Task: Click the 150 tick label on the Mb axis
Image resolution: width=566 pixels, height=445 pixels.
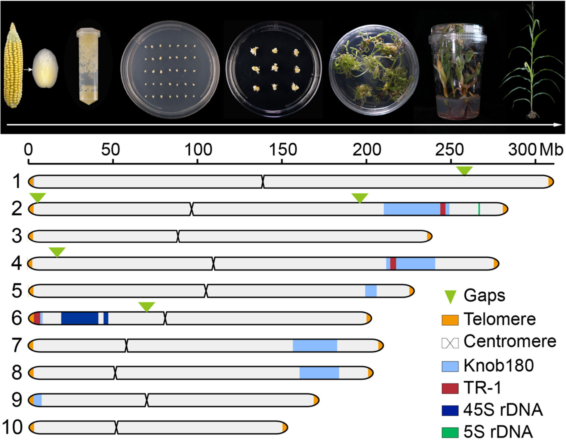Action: click(x=283, y=150)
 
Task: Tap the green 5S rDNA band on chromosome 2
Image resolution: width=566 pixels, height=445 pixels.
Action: click(x=479, y=209)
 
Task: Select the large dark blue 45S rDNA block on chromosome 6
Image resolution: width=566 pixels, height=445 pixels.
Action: click(x=80, y=318)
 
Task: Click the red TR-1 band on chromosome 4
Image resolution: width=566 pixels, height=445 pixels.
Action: click(x=393, y=264)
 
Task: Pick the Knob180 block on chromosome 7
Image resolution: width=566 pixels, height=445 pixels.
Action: click(x=315, y=346)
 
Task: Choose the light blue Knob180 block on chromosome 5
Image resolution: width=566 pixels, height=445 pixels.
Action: click(x=371, y=291)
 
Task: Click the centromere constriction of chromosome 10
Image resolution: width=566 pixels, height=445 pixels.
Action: click(x=116, y=427)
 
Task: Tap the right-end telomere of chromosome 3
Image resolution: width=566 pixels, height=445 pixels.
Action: click(x=429, y=236)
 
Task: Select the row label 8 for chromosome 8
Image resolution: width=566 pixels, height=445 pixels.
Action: click(x=17, y=373)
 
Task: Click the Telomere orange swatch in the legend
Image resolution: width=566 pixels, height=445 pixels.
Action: click(x=450, y=320)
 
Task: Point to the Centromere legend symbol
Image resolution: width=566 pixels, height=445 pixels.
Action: click(x=450, y=343)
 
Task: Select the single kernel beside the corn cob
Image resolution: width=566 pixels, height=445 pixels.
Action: click(x=46, y=68)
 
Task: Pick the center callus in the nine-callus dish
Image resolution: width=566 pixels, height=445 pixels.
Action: click(x=275, y=68)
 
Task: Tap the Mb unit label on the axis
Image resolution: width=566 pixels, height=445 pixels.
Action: click(x=551, y=150)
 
